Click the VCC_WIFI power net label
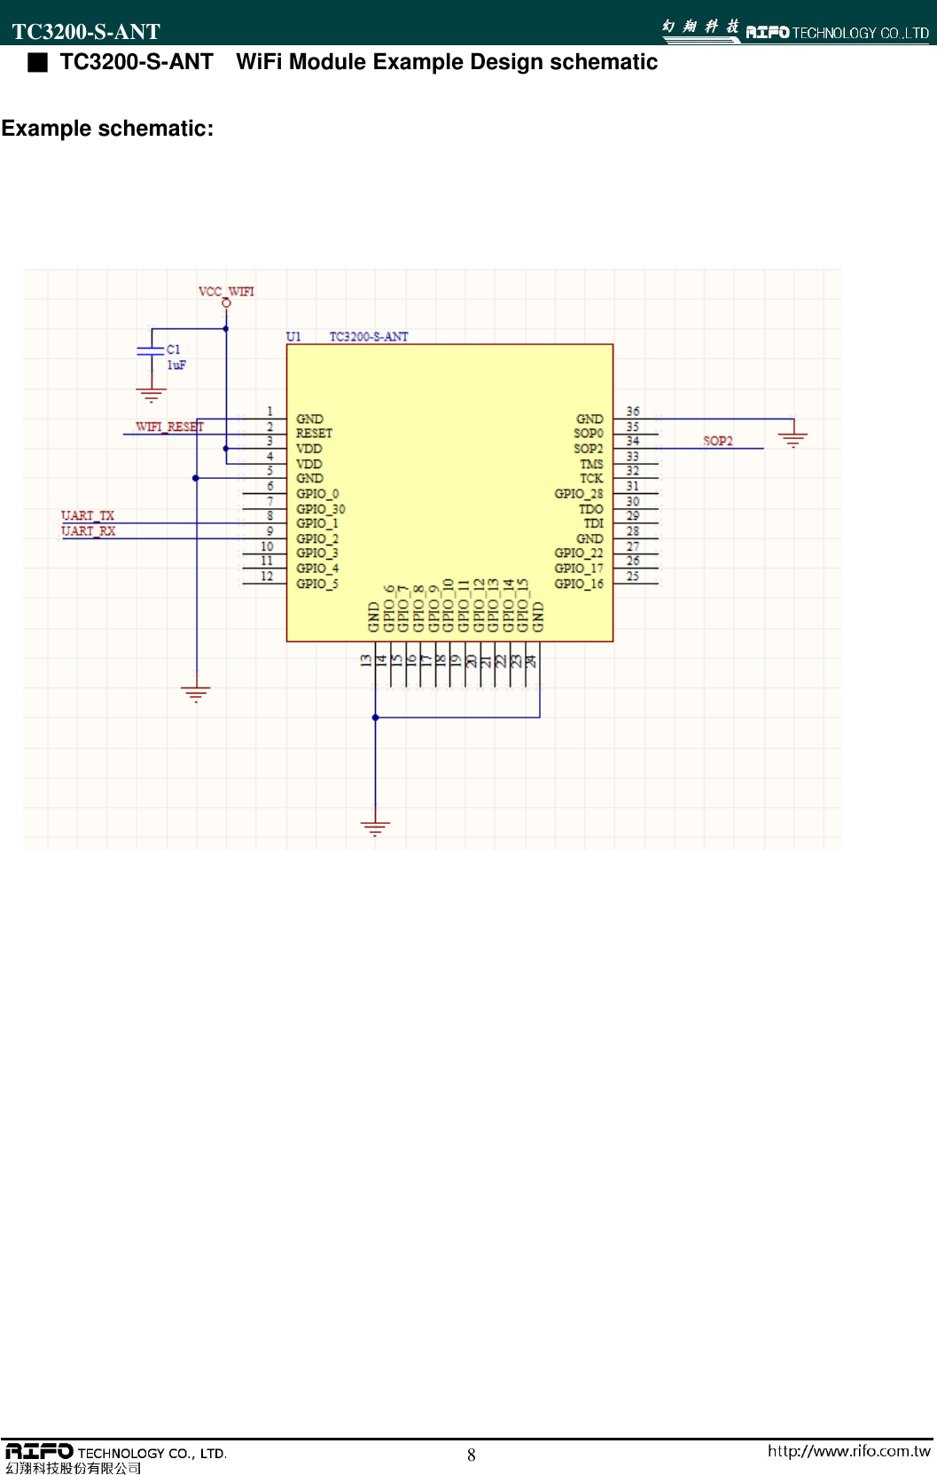(x=226, y=291)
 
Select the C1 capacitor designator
(x=174, y=349)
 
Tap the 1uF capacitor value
(x=176, y=365)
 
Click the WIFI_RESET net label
(x=169, y=427)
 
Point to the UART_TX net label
(x=88, y=515)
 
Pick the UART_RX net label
(x=89, y=530)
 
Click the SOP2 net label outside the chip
(x=718, y=441)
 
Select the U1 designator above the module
(x=293, y=336)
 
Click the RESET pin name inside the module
(x=314, y=434)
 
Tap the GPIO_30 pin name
(x=320, y=509)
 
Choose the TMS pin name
(x=591, y=464)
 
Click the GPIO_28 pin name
(x=578, y=494)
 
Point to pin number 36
(x=633, y=412)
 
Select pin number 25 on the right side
(x=633, y=577)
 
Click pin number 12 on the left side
(x=267, y=577)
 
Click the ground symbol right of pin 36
(x=793, y=437)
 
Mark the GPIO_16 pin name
(x=578, y=584)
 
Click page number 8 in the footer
(x=472, y=1455)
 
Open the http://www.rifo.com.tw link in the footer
(x=848, y=1451)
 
